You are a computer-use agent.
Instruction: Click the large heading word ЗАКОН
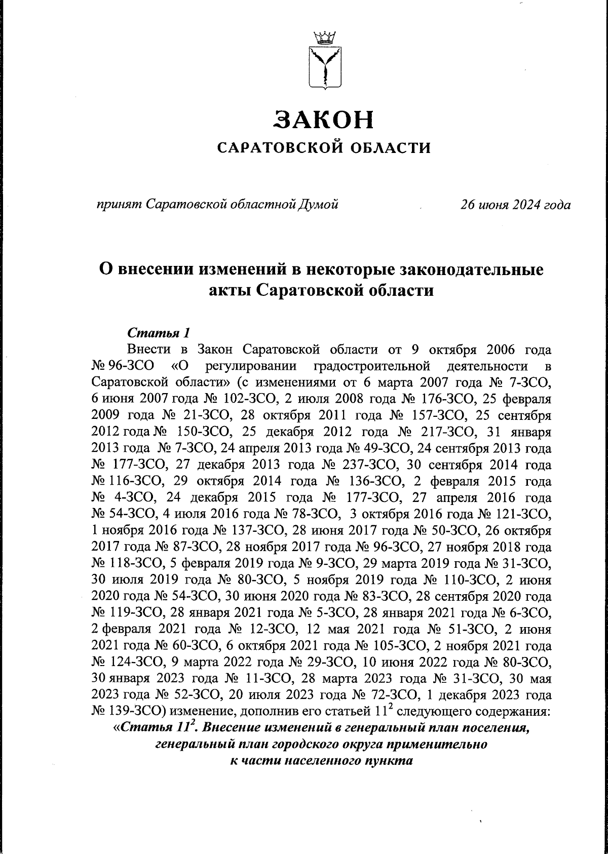324,119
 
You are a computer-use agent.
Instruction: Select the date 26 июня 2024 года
515,205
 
